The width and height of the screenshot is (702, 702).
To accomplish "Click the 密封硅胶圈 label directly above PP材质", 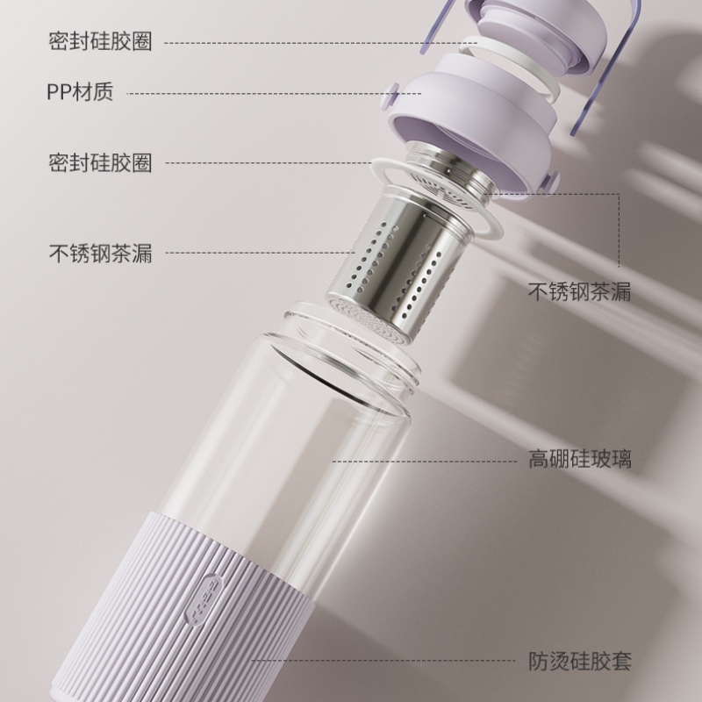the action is tap(100, 41).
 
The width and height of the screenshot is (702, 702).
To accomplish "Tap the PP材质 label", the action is tap(80, 92).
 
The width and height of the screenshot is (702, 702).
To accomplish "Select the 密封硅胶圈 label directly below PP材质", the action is tap(100, 162).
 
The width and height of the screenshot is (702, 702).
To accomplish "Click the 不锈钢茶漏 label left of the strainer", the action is tap(100, 253).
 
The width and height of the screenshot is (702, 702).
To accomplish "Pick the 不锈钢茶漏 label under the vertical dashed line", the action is tap(579, 291).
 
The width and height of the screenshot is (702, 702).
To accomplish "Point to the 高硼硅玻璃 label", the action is tap(580, 459).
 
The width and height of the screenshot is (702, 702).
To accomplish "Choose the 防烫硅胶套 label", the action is tap(580, 661).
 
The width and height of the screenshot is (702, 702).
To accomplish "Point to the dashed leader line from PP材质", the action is tap(274, 94).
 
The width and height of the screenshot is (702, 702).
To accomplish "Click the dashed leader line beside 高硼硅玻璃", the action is tap(425, 462).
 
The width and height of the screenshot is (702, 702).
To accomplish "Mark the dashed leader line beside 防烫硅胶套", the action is tap(383, 661).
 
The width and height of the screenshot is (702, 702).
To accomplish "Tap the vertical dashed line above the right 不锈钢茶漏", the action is tap(620, 231).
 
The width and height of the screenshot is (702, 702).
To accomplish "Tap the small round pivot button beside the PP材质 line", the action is tap(390, 97).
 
